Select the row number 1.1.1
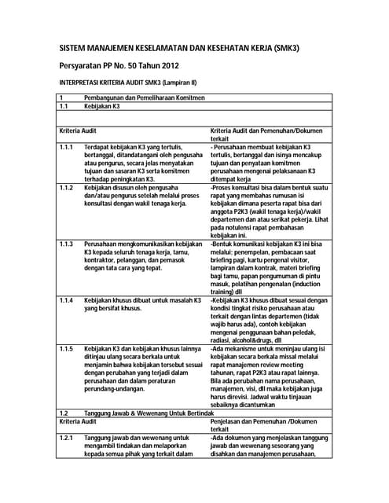click(66, 147)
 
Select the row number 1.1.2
click(66, 188)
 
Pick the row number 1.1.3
click(66, 244)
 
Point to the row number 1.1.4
click(66, 301)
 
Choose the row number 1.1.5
click(66, 348)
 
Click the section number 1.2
click(64, 413)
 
